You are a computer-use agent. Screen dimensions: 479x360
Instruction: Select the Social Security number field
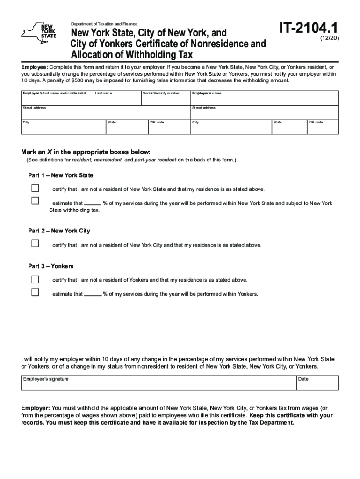166,98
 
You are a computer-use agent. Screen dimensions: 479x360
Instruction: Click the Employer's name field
264,98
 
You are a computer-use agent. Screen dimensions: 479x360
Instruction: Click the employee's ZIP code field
168,127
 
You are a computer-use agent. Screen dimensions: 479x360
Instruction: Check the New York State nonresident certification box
35,189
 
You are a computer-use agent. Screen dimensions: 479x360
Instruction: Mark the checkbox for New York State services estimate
35,201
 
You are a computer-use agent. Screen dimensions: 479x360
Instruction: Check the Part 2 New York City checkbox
35,243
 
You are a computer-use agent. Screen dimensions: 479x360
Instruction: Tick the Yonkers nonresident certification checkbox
35,279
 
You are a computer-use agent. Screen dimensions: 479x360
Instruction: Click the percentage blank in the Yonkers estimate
93,294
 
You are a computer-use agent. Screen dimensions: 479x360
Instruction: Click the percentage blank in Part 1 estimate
93,203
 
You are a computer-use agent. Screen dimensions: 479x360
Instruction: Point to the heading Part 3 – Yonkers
50,266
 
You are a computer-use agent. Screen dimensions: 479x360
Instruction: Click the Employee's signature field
158,383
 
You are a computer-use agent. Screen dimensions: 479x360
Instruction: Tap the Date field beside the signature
317,383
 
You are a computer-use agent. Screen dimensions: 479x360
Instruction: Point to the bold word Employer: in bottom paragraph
36,408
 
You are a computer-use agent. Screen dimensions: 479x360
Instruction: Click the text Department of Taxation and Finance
104,24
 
